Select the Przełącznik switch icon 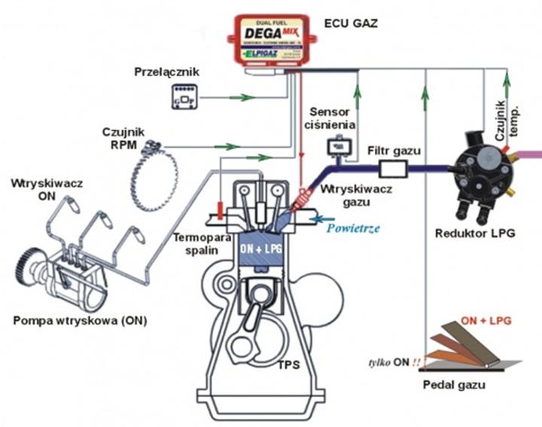184,96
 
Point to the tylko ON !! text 396,362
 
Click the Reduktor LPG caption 475,234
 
